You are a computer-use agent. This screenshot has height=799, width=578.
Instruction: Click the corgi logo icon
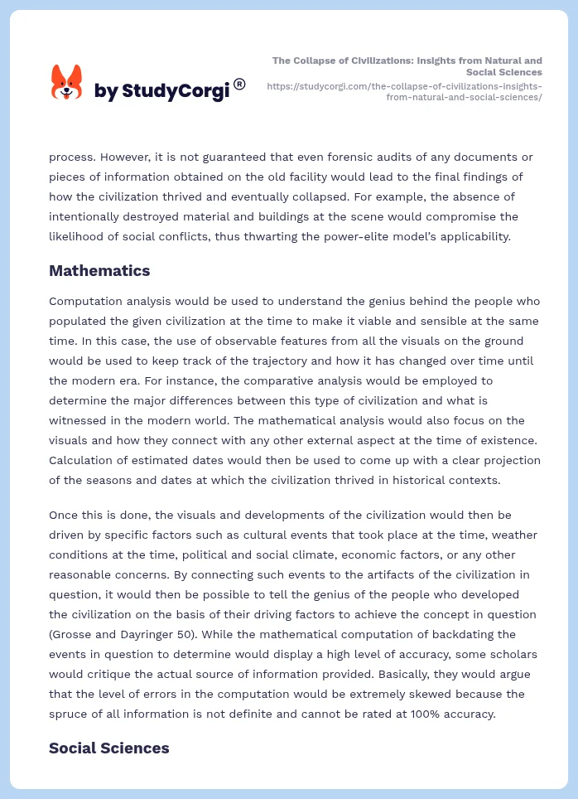click(x=67, y=82)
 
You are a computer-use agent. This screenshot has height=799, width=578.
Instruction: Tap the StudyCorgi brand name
click(x=161, y=91)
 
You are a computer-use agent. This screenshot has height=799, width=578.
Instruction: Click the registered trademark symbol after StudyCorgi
click(x=239, y=84)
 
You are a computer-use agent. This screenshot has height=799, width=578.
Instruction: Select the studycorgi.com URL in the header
click(x=405, y=91)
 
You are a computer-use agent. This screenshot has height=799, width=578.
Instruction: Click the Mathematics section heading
click(x=99, y=271)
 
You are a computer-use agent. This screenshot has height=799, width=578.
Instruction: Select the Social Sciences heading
click(x=108, y=748)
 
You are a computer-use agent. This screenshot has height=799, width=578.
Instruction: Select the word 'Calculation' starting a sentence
click(x=83, y=460)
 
